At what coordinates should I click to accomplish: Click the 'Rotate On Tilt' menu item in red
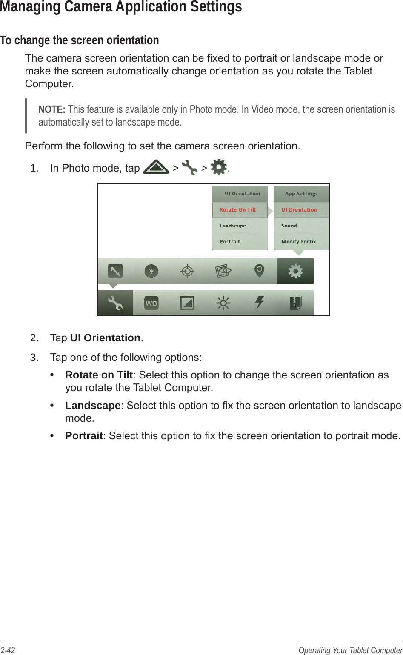tap(238, 210)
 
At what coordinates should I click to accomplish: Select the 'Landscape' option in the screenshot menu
tap(233, 226)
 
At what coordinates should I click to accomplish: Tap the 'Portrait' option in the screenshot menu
tap(230, 242)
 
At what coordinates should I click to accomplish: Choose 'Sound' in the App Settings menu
tap(289, 226)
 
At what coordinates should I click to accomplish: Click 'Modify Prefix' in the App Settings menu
tap(299, 242)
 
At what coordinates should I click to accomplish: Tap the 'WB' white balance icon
tap(151, 303)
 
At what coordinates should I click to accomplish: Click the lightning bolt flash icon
tap(259, 303)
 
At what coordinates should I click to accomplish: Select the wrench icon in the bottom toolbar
tap(115, 303)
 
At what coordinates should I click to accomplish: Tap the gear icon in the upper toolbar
tap(295, 271)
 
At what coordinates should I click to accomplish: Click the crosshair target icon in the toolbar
tap(187, 271)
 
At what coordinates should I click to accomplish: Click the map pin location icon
tap(259, 271)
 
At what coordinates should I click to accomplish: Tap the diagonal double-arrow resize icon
tap(115, 271)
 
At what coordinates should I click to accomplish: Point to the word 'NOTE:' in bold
tap(51, 109)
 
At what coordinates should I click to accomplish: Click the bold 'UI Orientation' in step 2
tap(105, 338)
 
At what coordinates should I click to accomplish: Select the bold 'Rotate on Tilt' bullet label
tap(99, 375)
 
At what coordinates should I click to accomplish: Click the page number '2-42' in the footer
tap(8, 650)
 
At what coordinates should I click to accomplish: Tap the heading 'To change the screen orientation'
tap(80, 40)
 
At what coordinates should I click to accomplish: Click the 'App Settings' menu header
tap(301, 194)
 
